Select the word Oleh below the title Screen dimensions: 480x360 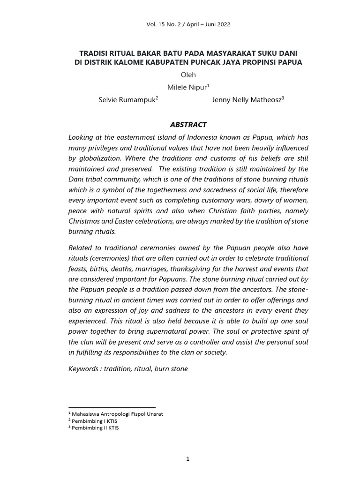click(x=188, y=75)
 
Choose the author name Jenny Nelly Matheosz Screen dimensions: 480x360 click(x=246, y=100)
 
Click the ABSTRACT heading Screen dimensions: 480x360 click(x=187, y=125)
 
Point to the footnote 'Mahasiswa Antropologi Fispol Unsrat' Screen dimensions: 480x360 click(x=117, y=414)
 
